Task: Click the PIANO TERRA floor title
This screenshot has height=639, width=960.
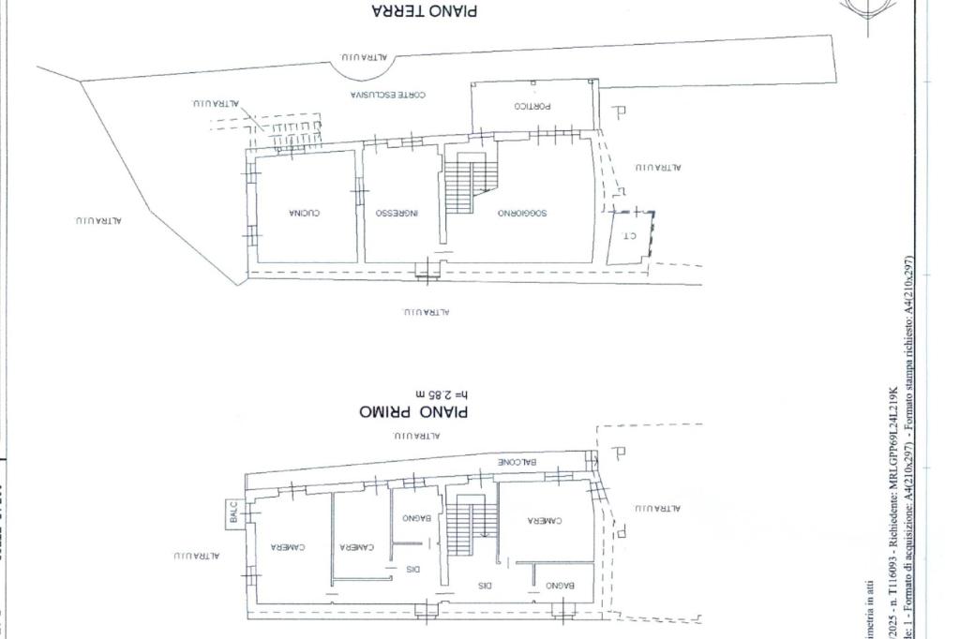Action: (x=424, y=11)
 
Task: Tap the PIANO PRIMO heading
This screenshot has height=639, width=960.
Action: (x=413, y=411)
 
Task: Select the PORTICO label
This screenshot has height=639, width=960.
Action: (x=532, y=106)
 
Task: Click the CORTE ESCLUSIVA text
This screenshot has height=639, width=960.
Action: (x=388, y=95)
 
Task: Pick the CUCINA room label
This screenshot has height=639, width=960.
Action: (x=305, y=213)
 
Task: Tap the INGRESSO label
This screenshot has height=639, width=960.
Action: (x=397, y=213)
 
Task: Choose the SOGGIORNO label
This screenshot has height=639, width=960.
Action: (x=523, y=213)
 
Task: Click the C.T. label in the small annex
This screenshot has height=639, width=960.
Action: (x=629, y=236)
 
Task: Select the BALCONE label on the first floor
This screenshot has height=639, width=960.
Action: (x=517, y=462)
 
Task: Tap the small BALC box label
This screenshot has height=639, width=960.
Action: (x=232, y=512)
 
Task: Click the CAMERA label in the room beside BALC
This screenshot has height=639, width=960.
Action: (x=289, y=547)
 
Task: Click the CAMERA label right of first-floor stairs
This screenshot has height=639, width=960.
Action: (x=544, y=521)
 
